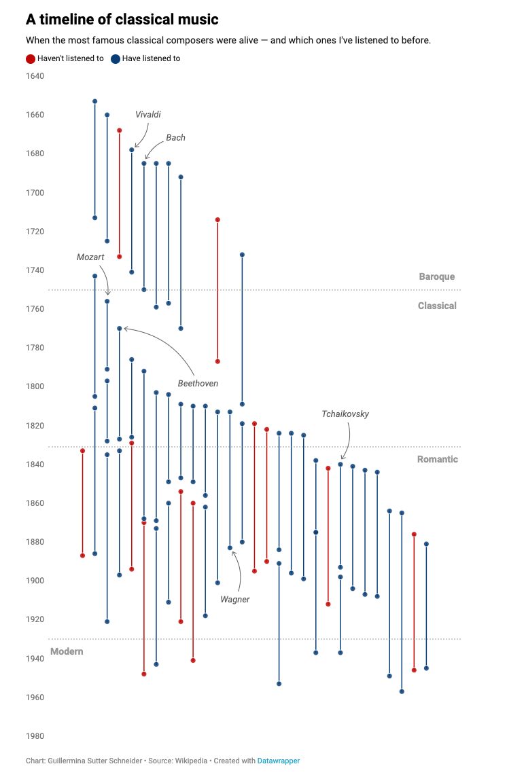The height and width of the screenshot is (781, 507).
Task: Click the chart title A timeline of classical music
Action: coord(122,19)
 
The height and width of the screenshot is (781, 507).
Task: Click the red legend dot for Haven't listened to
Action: coord(31,59)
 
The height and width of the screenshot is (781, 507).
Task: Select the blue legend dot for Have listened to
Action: coord(116,59)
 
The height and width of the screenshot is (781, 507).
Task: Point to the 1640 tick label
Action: coord(35,75)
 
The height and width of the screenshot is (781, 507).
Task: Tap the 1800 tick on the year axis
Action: coord(35,386)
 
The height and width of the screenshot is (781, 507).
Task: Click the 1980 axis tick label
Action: coord(35,736)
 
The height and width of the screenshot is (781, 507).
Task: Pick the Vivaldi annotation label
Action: coord(148,115)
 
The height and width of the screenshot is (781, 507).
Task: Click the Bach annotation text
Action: coord(175,138)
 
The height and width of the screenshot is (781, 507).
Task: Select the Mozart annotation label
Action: coord(90,257)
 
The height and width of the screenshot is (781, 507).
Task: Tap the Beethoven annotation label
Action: coord(198,384)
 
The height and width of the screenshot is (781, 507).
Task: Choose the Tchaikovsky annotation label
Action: coord(345,414)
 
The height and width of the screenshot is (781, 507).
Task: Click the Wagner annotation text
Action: coord(235,600)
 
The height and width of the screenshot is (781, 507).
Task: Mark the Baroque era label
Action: coord(437,276)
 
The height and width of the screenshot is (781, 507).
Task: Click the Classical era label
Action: coord(437,306)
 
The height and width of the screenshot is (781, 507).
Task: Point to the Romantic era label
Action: coord(438,459)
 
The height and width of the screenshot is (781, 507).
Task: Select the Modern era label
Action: coord(67,651)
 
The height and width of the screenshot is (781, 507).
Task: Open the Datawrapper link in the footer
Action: coord(279,761)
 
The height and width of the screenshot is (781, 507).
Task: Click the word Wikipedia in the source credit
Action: coord(190,761)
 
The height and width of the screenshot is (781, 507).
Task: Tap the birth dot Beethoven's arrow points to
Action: coord(120,328)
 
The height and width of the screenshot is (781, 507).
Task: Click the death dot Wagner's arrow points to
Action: coord(230,547)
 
